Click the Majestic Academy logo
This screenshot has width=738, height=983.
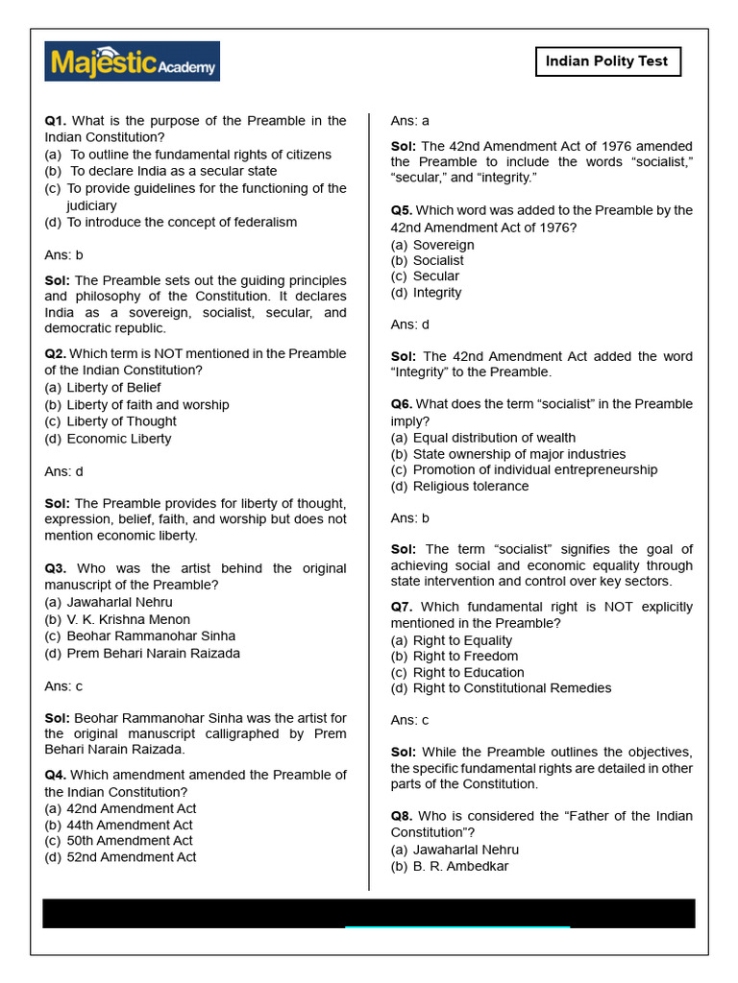pyautogui.click(x=132, y=61)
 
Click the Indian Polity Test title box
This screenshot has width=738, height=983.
pyautogui.click(x=607, y=61)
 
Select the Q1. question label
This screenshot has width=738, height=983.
pyautogui.click(x=56, y=121)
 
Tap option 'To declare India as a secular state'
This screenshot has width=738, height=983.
pyautogui.click(x=173, y=171)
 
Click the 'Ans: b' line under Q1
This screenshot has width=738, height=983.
pyautogui.click(x=64, y=255)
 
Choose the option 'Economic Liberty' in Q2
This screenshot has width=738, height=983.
pyautogui.click(x=118, y=439)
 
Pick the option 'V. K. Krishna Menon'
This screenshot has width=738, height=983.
pyautogui.click(x=128, y=619)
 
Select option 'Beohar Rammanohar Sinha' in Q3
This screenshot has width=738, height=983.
pyautogui.click(x=150, y=635)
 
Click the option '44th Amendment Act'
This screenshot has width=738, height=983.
pyautogui.click(x=129, y=825)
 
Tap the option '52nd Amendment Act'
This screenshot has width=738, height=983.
pyautogui.click(x=131, y=857)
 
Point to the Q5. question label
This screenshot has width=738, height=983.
pyautogui.click(x=402, y=210)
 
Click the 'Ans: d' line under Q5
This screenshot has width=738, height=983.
pyautogui.click(x=410, y=324)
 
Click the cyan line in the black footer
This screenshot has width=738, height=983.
pyautogui.click(x=457, y=927)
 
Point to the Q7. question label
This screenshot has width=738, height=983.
pyautogui.click(x=402, y=607)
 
